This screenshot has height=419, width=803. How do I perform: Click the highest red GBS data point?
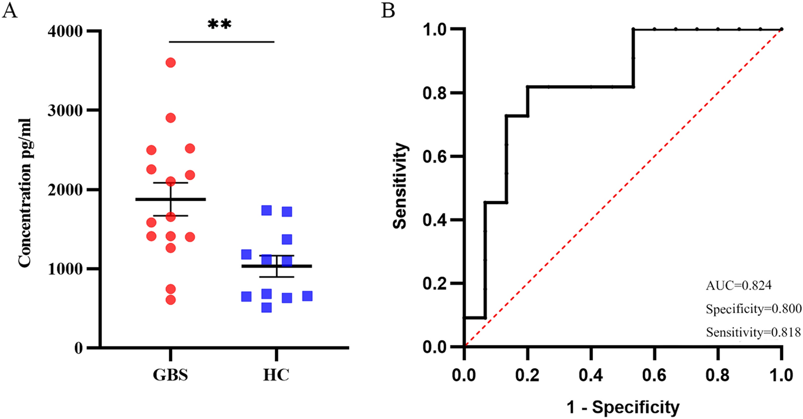(170, 62)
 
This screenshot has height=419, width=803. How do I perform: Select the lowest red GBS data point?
(170, 300)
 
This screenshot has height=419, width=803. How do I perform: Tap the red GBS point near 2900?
(170, 118)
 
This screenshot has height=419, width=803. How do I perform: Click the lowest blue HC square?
(266, 307)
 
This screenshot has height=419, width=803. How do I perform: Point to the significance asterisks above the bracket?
(220, 24)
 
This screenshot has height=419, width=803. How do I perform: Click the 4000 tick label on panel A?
(65, 31)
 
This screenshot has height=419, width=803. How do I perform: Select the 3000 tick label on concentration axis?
(65, 110)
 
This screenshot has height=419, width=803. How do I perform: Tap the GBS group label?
(170, 375)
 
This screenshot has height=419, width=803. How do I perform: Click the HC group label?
(276, 375)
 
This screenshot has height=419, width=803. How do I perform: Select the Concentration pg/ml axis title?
(24, 192)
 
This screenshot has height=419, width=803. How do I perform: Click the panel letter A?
(10, 10)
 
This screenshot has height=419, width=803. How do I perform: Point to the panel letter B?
(388, 10)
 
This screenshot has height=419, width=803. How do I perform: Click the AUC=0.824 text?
(738, 286)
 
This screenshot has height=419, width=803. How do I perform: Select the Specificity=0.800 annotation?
(753, 309)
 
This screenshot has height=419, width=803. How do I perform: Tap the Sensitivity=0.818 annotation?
(753, 332)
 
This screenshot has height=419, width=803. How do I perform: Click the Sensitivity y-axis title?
(400, 186)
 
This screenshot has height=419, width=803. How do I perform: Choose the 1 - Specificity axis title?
(623, 407)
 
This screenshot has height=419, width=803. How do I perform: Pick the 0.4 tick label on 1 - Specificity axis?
(590, 375)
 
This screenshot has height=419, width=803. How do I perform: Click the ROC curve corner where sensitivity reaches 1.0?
(633, 29)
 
